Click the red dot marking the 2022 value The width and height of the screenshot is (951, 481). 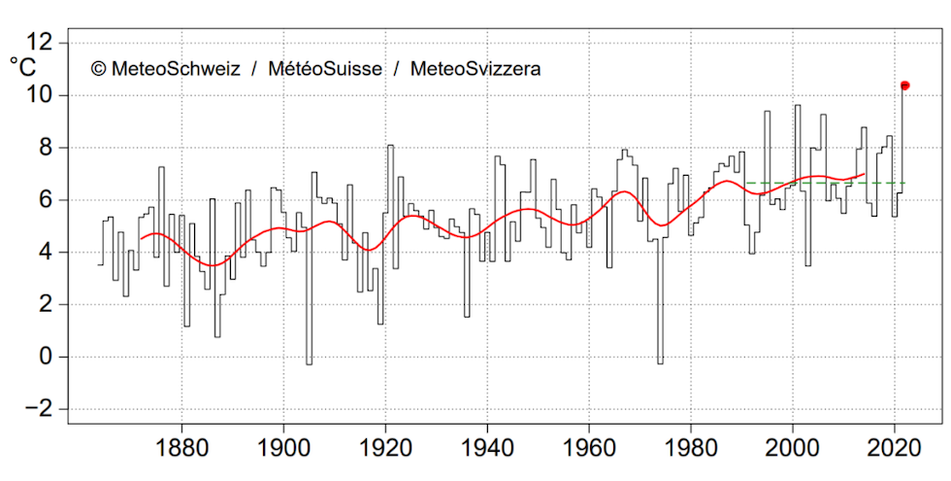pos(904,86)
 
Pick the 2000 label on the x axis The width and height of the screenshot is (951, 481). pos(793,450)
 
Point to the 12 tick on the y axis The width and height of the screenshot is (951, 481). pos(42,43)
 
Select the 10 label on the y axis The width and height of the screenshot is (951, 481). pos(42,95)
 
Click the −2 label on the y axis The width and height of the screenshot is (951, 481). pos(42,409)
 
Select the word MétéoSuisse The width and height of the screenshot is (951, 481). pos(330,69)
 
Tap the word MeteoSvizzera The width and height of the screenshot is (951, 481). pos(475,69)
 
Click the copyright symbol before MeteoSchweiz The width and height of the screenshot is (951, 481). pos(98,69)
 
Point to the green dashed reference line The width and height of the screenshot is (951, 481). pos(825,183)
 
